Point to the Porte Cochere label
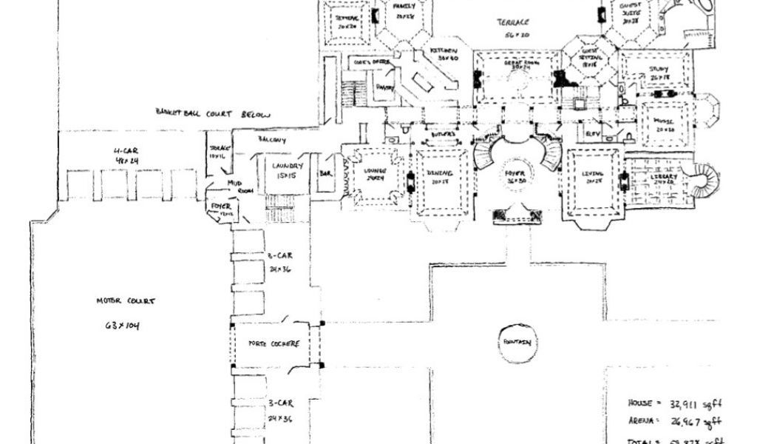click(x=274, y=344)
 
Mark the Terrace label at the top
click(x=512, y=24)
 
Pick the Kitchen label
click(x=444, y=50)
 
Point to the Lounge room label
click(x=376, y=172)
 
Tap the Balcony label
click(x=271, y=139)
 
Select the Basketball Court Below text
click(x=213, y=114)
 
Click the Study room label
click(x=658, y=71)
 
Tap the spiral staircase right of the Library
click(x=702, y=182)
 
